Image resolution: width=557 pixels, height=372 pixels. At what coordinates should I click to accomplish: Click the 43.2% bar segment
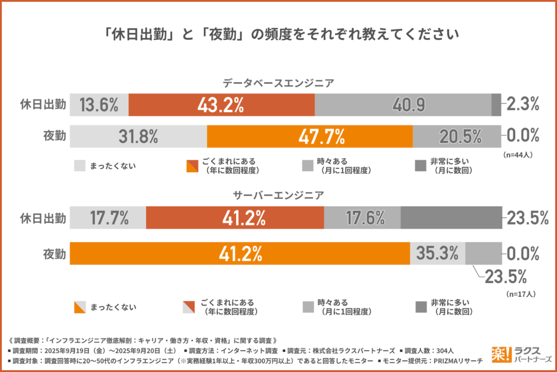pyautogui.click(x=221, y=105)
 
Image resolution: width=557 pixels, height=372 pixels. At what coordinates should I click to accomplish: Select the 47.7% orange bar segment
pyautogui.click(x=310, y=136)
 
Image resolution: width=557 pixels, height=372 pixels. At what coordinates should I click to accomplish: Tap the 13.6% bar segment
pyautogui.click(x=99, y=105)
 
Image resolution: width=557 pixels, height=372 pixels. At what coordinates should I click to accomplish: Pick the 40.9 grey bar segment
pyautogui.click(x=403, y=105)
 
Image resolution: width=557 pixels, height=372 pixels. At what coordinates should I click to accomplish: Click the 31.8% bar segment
pyautogui.click(x=138, y=136)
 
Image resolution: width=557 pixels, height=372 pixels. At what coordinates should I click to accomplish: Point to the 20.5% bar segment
pyautogui.click(x=457, y=136)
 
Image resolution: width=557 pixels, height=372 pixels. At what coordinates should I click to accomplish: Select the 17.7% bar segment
pyautogui.click(x=108, y=218)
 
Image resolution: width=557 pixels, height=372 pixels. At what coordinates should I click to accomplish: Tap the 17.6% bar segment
pyautogui.click(x=362, y=218)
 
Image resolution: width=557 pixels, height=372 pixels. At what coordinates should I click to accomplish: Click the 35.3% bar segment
pyautogui.click(x=437, y=253)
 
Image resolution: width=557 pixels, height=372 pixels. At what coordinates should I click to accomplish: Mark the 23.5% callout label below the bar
pyautogui.click(x=505, y=277)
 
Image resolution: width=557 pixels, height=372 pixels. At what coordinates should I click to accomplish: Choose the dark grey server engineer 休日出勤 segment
pyautogui.click(x=451, y=218)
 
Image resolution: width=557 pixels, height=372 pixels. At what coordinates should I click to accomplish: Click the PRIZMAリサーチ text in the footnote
pyautogui.click(x=459, y=361)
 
